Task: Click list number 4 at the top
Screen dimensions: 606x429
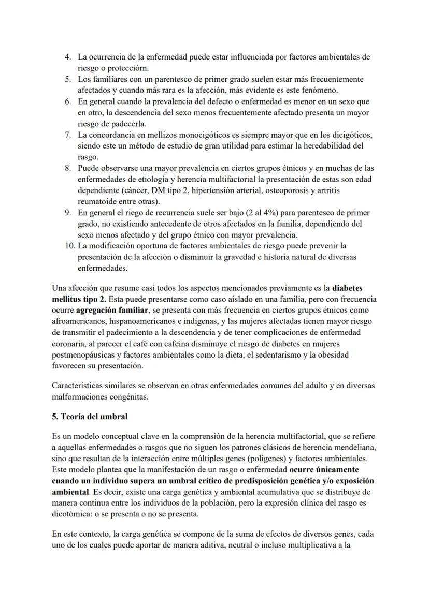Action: pyautogui.click(x=68, y=57)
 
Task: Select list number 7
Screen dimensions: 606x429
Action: pyautogui.click(x=68, y=135)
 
